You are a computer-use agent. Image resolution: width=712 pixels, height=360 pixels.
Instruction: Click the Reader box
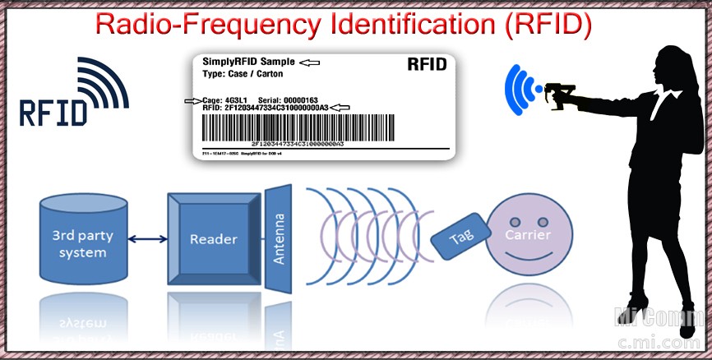tap(213, 240)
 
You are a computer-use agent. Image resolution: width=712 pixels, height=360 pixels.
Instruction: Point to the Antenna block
tap(280, 240)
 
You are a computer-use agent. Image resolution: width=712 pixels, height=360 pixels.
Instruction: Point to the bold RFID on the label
tap(427, 64)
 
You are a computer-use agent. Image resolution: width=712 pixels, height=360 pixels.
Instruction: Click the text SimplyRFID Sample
tap(247, 62)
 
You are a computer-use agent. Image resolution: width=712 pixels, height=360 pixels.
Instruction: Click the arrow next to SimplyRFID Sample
tap(309, 62)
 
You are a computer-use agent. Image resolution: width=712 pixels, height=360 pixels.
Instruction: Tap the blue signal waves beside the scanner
tap(518, 89)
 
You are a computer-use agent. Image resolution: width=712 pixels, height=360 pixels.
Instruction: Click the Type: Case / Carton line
tap(243, 73)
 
